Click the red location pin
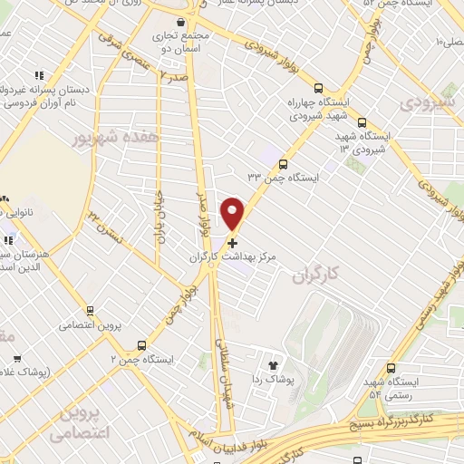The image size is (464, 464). (233, 213)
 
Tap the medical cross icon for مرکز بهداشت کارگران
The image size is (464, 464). (233, 243)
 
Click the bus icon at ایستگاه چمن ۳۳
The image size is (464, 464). (284, 165)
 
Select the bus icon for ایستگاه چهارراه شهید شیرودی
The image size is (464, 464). (318, 89)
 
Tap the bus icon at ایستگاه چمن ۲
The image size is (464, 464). (141, 345)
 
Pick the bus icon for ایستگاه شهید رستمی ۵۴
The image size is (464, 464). (391, 369)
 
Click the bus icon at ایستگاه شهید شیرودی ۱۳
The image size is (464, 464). (362, 123)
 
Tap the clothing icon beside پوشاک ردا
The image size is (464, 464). (270, 360)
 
